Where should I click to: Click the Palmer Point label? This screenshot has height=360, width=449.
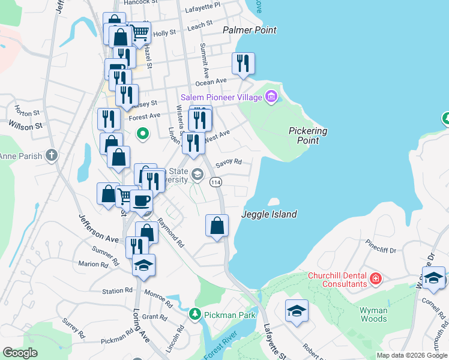pos(249,30)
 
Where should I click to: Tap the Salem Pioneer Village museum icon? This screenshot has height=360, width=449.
pos(271,97)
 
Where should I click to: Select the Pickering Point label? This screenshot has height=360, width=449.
pos(308,135)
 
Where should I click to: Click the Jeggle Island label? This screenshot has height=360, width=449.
pos(269,214)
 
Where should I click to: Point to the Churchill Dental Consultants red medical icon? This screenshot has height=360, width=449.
pos(376,278)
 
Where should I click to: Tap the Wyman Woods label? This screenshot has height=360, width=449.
pos(373,314)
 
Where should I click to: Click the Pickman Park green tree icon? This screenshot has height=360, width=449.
pos(194,314)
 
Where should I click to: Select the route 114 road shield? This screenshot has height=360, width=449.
pos(214,182)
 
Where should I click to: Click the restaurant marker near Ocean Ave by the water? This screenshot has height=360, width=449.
pos(243,64)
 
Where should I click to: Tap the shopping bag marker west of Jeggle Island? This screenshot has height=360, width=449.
pos(217,226)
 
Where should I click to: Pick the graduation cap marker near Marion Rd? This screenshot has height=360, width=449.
pos(143,265)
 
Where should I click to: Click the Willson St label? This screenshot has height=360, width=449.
pos(26,126)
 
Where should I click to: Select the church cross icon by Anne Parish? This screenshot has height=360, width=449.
pos(52,156)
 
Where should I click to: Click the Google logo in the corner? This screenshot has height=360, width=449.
pos(20,353)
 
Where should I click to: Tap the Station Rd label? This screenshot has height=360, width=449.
pos(117,291)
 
